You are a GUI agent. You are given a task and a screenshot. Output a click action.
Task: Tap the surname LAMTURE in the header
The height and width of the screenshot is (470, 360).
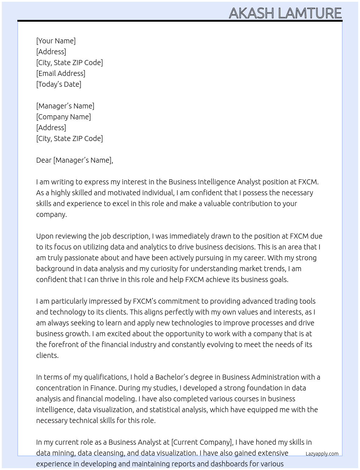tap(310, 13)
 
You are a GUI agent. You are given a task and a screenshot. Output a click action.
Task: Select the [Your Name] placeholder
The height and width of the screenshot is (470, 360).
tap(56, 41)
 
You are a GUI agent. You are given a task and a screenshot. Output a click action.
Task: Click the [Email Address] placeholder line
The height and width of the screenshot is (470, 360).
tap(61, 73)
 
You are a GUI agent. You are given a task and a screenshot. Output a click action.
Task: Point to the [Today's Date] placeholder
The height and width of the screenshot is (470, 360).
tap(59, 84)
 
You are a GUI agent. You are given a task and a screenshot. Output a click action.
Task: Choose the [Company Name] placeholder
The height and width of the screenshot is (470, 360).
tap(64, 117)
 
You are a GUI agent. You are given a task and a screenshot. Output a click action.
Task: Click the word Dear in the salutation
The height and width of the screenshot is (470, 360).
tap(44, 160)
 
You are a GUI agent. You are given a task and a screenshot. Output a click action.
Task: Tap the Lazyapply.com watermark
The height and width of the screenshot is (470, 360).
tap(322, 454)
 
